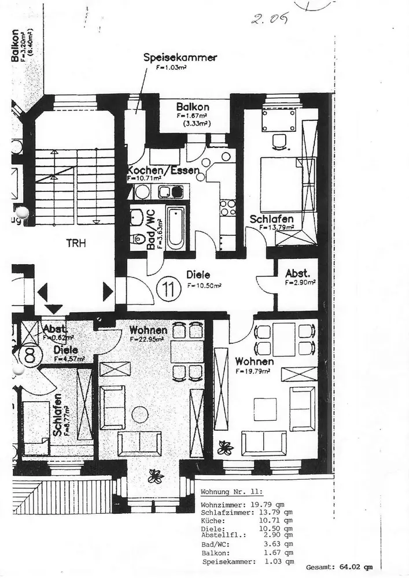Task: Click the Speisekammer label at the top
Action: pyautogui.click(x=180, y=58)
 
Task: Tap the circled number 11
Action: pyautogui.click(x=168, y=290)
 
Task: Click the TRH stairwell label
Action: pyautogui.click(x=75, y=243)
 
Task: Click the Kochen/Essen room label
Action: pyautogui.click(x=163, y=171)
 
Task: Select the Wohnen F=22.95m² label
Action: pyautogui.click(x=149, y=331)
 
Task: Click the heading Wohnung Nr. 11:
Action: pyautogui.click(x=231, y=492)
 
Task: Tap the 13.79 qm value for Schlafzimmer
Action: pyautogui.click(x=276, y=512)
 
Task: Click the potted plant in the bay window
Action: pyautogui.click(x=154, y=476)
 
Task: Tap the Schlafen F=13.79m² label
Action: pyautogui.click(x=271, y=220)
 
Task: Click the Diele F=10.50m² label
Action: pyautogui.click(x=198, y=275)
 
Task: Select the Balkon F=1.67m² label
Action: pyautogui.click(x=193, y=108)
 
